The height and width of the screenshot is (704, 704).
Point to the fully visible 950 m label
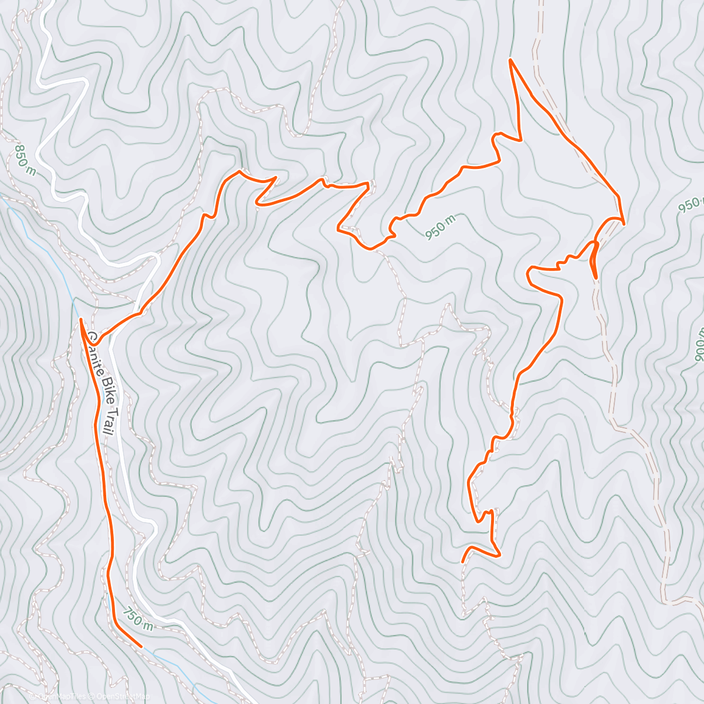[440, 226]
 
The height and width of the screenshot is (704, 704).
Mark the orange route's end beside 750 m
[141, 647]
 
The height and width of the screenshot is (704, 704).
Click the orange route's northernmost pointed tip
[511, 60]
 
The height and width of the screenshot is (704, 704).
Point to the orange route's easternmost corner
[623, 223]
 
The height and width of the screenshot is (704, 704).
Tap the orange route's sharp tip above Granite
[80, 319]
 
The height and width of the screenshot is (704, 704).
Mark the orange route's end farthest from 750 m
[463, 562]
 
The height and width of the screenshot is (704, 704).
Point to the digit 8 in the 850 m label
[19, 148]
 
